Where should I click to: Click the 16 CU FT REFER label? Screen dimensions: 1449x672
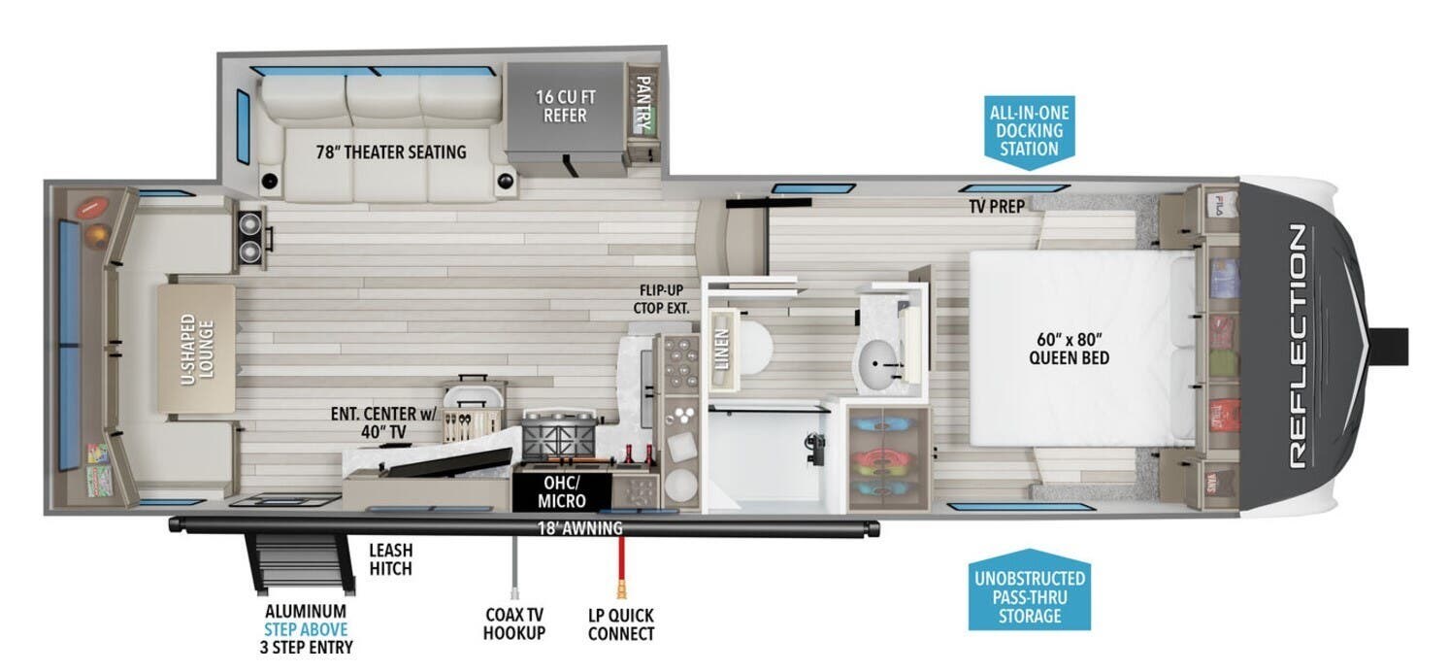click(x=565, y=106)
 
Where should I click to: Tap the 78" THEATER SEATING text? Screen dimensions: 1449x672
click(x=391, y=152)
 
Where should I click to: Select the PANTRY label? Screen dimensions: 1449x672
click(x=643, y=104)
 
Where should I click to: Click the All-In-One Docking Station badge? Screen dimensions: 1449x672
click(x=1029, y=132)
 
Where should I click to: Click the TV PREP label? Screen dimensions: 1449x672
click(x=997, y=207)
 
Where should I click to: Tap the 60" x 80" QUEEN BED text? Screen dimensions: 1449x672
click(x=1069, y=349)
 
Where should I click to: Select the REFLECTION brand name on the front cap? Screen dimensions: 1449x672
click(x=1298, y=347)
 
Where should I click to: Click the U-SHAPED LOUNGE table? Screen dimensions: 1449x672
click(x=197, y=349)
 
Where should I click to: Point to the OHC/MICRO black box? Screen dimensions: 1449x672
click(x=562, y=491)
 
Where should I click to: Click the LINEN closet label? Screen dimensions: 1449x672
click(x=723, y=350)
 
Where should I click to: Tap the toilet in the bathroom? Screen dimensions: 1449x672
click(x=753, y=349)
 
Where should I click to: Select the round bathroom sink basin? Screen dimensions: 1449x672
click(x=877, y=364)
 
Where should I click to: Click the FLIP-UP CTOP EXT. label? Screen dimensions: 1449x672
click(x=661, y=299)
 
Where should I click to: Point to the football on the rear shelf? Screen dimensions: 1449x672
click(x=93, y=208)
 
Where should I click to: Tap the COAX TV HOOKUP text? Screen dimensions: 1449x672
click(x=514, y=623)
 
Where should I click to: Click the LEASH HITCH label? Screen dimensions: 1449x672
click(x=391, y=559)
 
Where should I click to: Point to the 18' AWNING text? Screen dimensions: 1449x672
click(x=579, y=528)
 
